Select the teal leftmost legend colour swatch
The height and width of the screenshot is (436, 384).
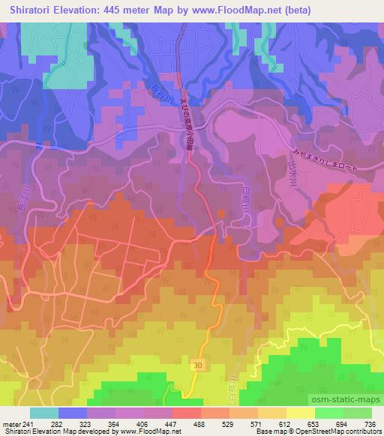pos(44,413)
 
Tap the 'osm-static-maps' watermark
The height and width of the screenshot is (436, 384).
pos(349,399)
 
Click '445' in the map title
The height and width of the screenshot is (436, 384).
pos(124,9)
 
